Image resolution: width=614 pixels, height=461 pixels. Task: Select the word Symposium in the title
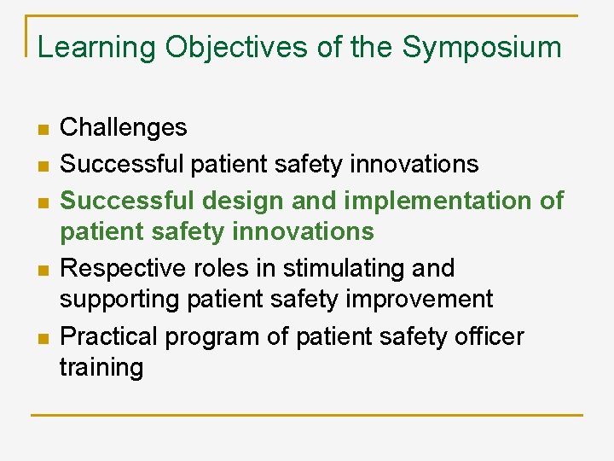click(482, 47)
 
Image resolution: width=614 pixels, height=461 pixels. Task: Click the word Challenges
click(124, 128)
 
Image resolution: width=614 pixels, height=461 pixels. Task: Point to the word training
click(101, 368)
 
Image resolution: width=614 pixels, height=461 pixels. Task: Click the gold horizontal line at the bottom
click(307, 415)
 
